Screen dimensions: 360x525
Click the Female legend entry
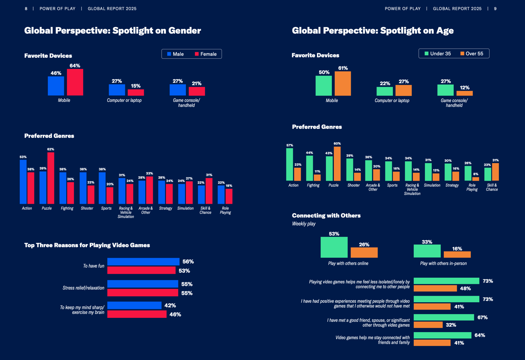206,54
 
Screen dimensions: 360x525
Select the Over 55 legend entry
472,54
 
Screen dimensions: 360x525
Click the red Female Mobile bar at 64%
75,82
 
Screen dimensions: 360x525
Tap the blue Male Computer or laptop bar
117,90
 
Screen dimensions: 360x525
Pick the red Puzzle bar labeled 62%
51,178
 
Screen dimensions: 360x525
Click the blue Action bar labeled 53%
23,182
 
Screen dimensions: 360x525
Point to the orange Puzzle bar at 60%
337,164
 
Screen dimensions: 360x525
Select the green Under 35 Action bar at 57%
290,164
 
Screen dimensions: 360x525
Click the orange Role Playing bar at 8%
476,179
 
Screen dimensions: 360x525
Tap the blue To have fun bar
143,262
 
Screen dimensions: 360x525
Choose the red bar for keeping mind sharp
137,314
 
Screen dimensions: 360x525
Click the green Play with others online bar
334,247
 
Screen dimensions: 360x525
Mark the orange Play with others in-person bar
457,254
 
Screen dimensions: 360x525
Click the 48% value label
465,288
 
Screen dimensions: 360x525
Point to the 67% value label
482,317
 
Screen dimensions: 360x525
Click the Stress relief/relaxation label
83,288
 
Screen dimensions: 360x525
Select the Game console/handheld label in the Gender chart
186,103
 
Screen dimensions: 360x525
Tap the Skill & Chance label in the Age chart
492,187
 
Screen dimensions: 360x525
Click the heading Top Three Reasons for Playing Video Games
87,245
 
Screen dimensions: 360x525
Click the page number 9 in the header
495,9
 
